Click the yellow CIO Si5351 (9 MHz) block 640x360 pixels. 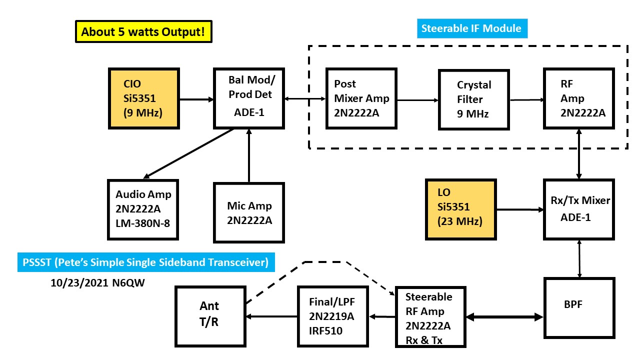pos(143,98)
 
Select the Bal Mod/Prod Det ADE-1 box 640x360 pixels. pos(248,98)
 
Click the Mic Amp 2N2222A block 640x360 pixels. pos(248,212)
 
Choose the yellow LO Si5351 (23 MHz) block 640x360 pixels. pos(460,208)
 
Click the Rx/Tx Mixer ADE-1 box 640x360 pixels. pos(578,208)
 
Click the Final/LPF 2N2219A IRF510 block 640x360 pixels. pos(332,316)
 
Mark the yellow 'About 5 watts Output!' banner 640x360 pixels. pos(143,31)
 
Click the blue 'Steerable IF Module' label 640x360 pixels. pos(471,28)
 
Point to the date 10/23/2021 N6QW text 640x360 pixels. pos(98,282)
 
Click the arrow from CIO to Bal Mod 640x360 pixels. pos(196,99)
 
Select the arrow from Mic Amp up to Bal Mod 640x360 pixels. pos(248,155)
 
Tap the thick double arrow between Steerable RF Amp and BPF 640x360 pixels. pos(505,316)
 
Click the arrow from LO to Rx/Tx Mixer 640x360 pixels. pos(520,209)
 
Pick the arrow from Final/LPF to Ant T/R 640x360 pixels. pos(272,316)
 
